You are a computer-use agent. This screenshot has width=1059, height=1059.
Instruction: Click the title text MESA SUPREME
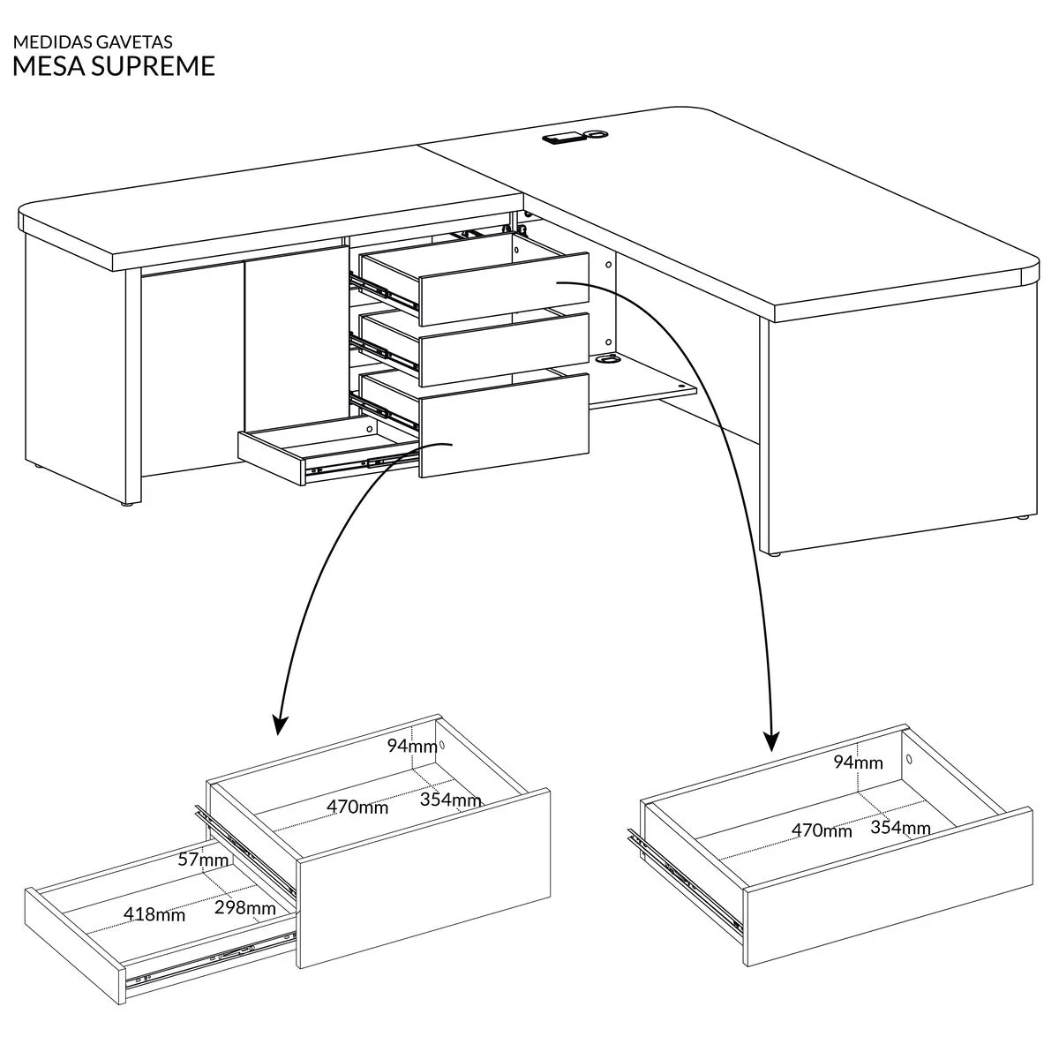[114, 66]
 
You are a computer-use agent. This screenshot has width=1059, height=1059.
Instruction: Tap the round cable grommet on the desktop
[596, 134]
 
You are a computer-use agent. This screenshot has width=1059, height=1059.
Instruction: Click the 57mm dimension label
[203, 860]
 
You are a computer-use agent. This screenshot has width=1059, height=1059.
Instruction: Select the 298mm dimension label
[244, 907]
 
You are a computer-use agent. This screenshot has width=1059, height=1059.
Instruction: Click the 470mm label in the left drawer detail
[357, 807]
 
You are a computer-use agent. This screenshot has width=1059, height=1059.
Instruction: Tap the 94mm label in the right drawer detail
[858, 762]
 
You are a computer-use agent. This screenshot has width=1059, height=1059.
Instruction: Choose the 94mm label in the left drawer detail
[412, 746]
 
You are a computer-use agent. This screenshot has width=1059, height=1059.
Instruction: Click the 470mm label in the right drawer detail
[822, 830]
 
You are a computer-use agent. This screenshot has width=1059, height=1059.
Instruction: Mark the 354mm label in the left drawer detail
[450, 800]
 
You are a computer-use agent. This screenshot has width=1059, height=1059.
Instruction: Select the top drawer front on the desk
[505, 289]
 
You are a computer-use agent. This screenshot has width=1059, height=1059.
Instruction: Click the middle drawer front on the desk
[505, 349]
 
